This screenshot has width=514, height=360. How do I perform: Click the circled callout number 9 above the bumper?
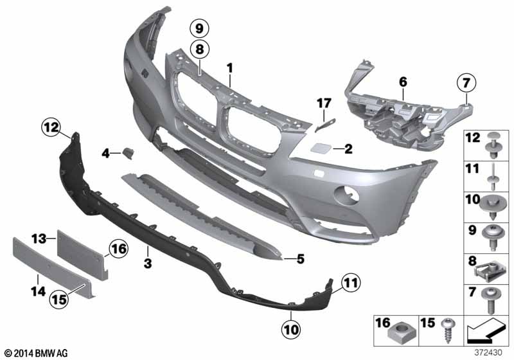coord(199,28)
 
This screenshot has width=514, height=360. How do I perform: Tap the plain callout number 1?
coord(230,68)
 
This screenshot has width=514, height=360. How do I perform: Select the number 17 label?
coord(324,104)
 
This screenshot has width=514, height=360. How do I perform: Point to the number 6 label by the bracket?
coord(403,82)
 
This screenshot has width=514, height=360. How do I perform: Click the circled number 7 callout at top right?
coord(466,83)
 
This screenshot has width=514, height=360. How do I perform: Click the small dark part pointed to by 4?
coord(128,154)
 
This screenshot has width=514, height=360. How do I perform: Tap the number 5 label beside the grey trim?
coord(300,258)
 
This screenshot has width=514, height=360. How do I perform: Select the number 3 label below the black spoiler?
coord(148,263)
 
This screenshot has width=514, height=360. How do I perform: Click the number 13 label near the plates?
coord(39,239)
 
